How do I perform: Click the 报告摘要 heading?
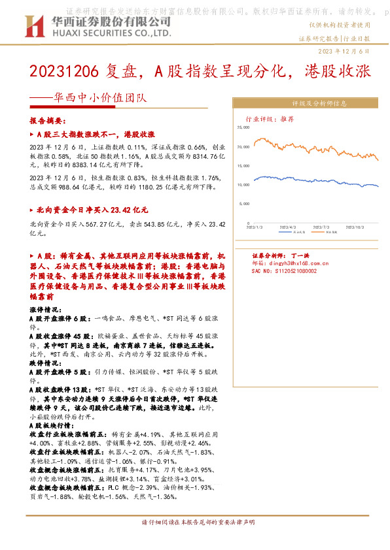[x=48, y=121]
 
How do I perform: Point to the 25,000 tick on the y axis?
[x=243, y=129]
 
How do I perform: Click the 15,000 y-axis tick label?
[x=243, y=166]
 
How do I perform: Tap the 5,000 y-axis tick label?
[x=245, y=204]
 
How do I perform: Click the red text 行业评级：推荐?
[x=270, y=120]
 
